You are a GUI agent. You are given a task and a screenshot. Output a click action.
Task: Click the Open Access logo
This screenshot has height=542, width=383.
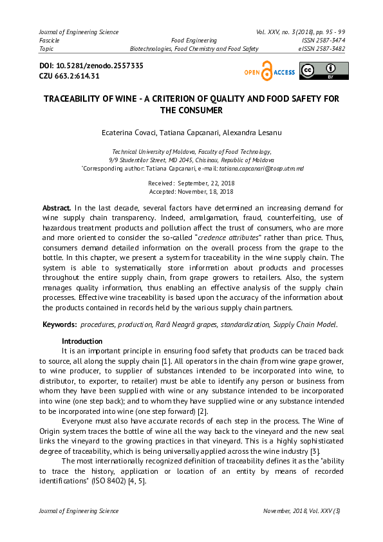(269, 72)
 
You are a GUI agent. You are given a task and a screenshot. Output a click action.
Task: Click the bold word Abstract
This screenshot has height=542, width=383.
(57, 209)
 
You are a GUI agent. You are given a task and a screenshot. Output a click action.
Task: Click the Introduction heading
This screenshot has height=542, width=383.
(82, 341)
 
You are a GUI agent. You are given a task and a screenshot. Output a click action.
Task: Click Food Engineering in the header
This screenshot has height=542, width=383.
(194, 40)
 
